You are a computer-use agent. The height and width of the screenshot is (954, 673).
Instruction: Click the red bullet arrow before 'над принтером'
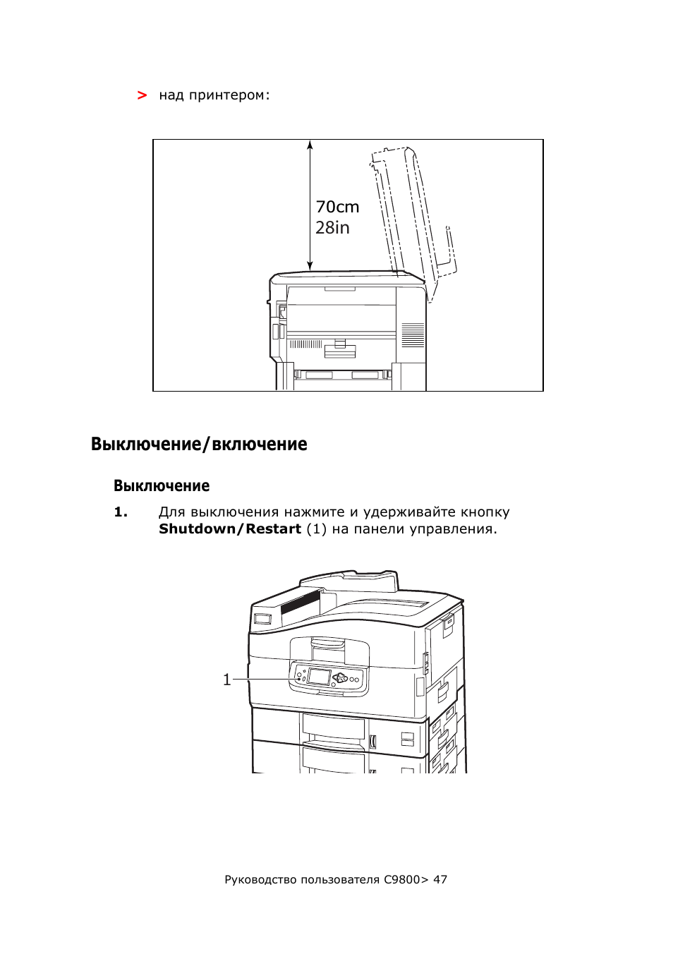click(x=143, y=95)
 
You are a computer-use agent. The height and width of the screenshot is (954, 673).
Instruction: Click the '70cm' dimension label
click(x=337, y=207)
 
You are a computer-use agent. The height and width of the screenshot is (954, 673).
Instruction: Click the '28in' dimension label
click(x=332, y=228)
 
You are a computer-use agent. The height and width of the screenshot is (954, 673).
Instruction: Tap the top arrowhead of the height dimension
click(x=310, y=144)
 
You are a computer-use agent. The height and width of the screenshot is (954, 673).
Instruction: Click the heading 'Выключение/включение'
click(x=199, y=444)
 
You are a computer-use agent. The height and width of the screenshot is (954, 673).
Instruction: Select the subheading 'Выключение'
click(x=162, y=485)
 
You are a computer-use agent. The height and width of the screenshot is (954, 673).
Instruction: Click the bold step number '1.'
click(x=121, y=512)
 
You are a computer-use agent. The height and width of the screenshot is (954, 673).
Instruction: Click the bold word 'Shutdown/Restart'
click(x=230, y=529)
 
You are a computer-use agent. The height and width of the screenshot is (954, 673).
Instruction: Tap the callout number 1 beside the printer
click(x=227, y=680)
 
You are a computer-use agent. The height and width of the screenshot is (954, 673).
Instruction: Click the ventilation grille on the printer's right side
click(x=413, y=336)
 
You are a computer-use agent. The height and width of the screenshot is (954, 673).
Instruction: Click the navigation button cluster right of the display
click(x=341, y=677)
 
